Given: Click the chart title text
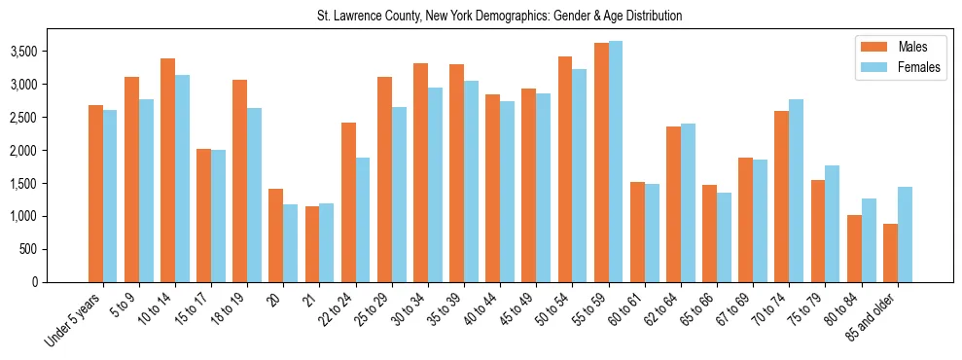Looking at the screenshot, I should coord(499,17).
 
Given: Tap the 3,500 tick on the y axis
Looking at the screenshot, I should coord(25,52).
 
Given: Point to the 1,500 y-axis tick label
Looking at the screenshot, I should coord(25,184).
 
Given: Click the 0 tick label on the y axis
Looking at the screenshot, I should coord(35,282).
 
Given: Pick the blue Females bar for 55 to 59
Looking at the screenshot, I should coord(616,162).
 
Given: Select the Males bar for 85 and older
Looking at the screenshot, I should coord(890,253).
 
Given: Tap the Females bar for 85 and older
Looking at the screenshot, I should coord(905,234).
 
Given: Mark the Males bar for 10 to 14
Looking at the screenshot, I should coord(167,170).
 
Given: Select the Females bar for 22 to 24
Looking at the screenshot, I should coord(363,220).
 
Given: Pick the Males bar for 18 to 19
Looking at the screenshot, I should coord(239,181).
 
